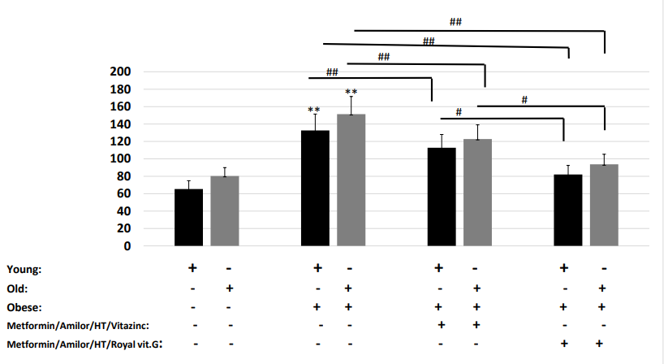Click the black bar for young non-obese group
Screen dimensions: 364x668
(x=188, y=217)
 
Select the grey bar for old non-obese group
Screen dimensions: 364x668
(x=225, y=211)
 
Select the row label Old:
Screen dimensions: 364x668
(x=17, y=288)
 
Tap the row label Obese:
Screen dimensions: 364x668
(x=23, y=308)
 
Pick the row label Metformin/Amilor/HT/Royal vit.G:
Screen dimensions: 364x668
(x=79, y=344)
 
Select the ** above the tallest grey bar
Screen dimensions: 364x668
(x=351, y=93)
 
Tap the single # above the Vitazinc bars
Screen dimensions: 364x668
(x=459, y=112)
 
